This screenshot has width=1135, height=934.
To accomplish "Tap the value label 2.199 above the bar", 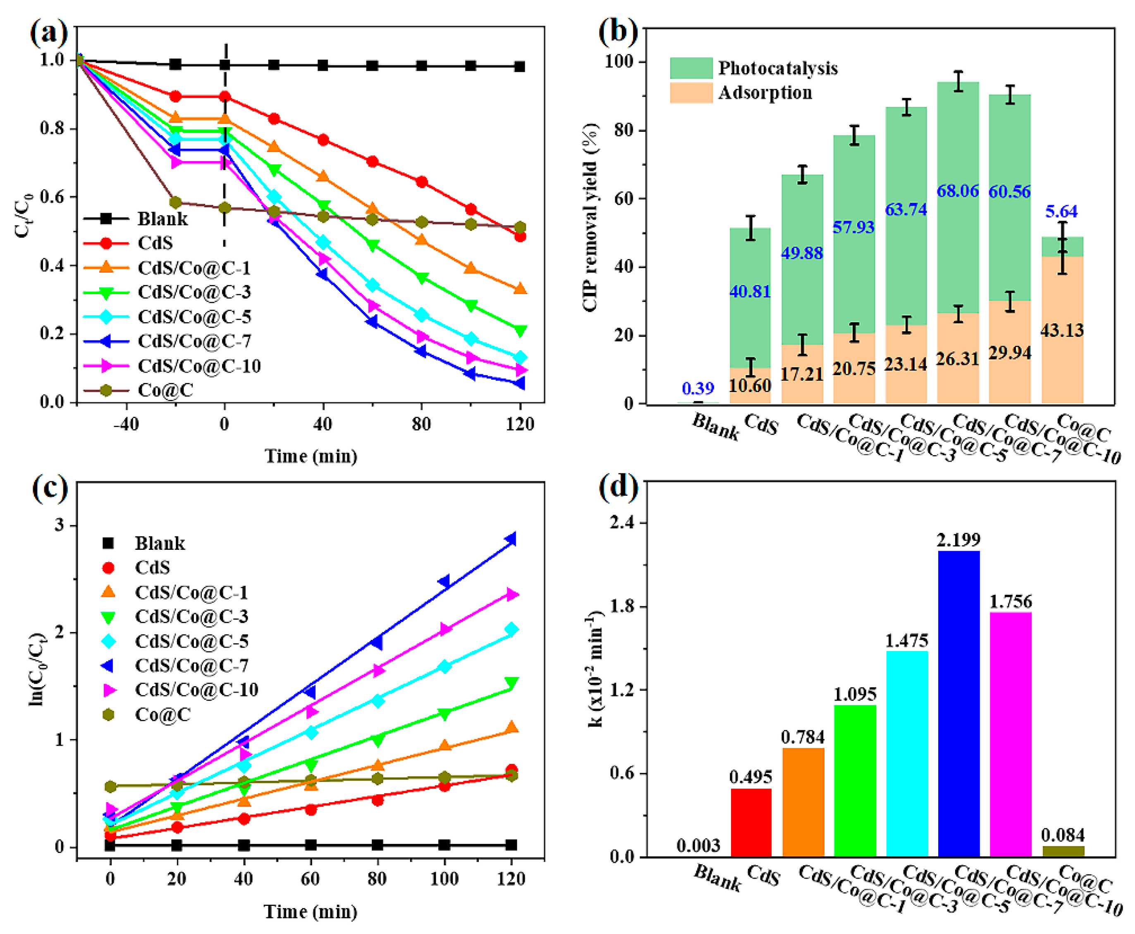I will [958, 539].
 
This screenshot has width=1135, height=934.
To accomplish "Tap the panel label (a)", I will [49, 32].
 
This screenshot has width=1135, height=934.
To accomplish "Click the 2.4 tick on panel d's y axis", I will [622, 523].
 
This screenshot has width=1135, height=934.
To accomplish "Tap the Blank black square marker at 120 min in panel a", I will [520, 67].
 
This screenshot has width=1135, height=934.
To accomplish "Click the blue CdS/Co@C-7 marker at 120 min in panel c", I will [510, 539].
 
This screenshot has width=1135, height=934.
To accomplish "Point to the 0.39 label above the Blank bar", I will [698, 388].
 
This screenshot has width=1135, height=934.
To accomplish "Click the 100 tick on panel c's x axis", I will [444, 879].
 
